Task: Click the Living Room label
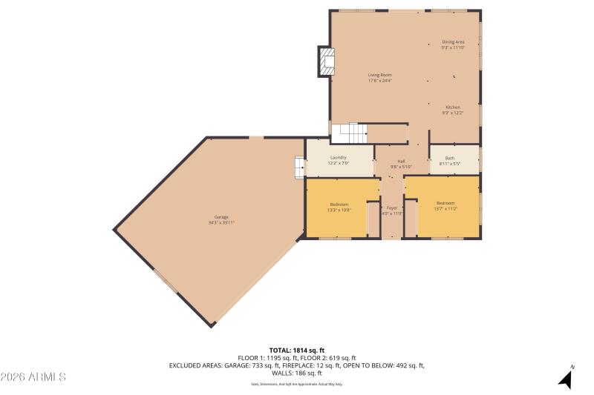click(379, 77)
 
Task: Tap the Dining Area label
click(453, 44)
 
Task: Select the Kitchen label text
click(453, 110)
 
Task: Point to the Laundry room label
click(338, 159)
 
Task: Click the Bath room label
click(450, 160)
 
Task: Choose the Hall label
click(401, 164)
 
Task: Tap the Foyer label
click(391, 210)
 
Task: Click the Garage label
click(222, 219)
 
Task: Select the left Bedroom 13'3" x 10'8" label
click(339, 207)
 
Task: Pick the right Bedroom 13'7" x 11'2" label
click(446, 206)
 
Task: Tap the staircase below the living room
click(349, 133)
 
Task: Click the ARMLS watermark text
click(33, 377)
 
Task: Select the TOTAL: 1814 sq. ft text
click(297, 350)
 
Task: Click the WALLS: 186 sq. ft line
click(297, 373)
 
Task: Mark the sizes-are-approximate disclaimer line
click(297, 384)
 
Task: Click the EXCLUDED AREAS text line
click(297, 365)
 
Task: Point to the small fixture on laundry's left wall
click(299, 167)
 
